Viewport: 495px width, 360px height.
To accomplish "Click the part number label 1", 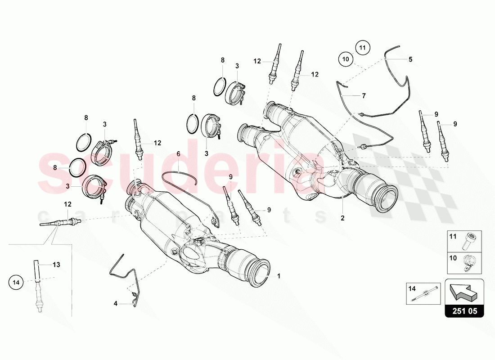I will pyautogui.click(x=279, y=276).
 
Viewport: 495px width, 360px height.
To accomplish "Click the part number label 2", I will pyautogui.click(x=342, y=218).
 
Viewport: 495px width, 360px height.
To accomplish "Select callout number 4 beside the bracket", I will pyautogui.click(x=115, y=304).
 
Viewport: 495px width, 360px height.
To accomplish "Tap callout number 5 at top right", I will pyautogui.click(x=410, y=59).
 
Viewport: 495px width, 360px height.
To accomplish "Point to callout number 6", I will pyautogui.click(x=178, y=154).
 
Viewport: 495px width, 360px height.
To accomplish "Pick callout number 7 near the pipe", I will pyautogui.click(x=363, y=96).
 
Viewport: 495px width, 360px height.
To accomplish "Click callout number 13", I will pyautogui.click(x=57, y=265).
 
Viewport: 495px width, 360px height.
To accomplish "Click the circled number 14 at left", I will pyautogui.click(x=16, y=283).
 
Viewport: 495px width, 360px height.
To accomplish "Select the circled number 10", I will pyautogui.click(x=346, y=59).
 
